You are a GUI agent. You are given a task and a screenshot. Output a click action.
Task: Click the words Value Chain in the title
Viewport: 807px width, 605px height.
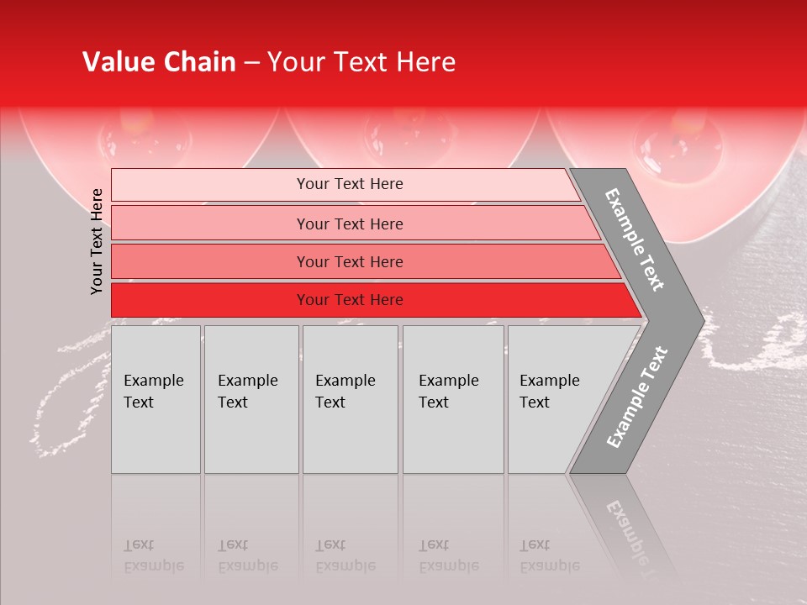click(159, 62)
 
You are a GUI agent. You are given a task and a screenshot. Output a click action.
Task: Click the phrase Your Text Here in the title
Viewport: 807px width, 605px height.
click(361, 62)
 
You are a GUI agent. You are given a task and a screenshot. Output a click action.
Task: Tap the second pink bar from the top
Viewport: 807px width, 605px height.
click(350, 224)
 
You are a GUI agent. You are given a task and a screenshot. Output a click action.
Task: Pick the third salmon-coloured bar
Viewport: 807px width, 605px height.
click(350, 261)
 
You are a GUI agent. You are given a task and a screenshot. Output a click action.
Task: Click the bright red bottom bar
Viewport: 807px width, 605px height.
click(350, 300)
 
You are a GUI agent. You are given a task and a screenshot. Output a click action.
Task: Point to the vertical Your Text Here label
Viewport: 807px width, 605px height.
click(97, 241)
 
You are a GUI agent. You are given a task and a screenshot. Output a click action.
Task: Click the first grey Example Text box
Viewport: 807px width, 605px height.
click(156, 399)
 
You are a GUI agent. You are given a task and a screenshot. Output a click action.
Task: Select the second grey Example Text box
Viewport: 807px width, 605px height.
click(251, 399)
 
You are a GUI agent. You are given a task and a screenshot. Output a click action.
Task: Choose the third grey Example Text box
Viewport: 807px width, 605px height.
click(349, 399)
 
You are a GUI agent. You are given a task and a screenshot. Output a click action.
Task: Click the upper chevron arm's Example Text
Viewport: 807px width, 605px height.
click(635, 239)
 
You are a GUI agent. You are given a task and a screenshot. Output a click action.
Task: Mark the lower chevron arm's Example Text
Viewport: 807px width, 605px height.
click(636, 397)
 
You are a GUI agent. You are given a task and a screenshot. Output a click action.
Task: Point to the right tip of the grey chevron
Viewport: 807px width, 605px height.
click(702, 321)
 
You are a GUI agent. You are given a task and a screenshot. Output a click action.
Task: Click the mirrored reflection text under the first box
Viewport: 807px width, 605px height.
click(154, 555)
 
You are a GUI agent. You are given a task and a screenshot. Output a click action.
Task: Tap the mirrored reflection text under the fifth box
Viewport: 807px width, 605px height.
click(550, 555)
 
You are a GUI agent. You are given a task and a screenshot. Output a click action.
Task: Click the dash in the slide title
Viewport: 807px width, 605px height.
click(251, 63)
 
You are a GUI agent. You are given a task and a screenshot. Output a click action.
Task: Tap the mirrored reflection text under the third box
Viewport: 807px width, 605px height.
click(345, 555)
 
